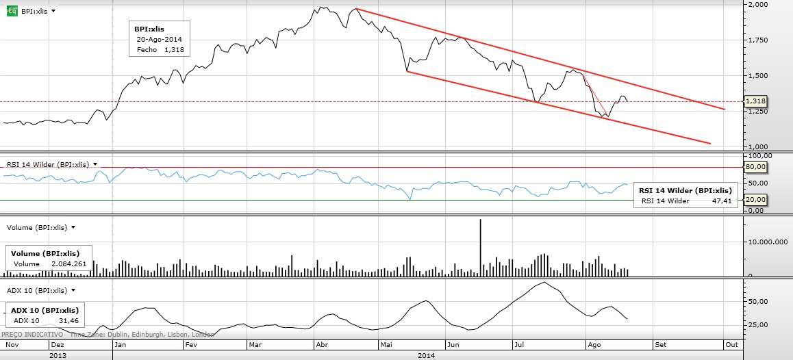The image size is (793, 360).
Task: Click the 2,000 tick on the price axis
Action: point(757,4)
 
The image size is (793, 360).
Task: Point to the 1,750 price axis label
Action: point(757,40)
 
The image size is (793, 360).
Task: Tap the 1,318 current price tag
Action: point(756,101)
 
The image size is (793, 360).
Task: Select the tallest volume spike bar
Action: point(481,246)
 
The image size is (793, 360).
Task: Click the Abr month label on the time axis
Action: point(320,345)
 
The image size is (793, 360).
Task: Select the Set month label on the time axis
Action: point(659,345)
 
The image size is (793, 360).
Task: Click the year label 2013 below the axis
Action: point(58,355)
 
